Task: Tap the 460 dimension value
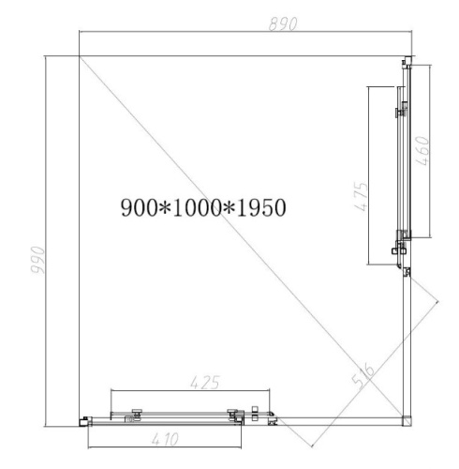click(423, 151)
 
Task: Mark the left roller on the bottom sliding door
click(137, 412)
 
